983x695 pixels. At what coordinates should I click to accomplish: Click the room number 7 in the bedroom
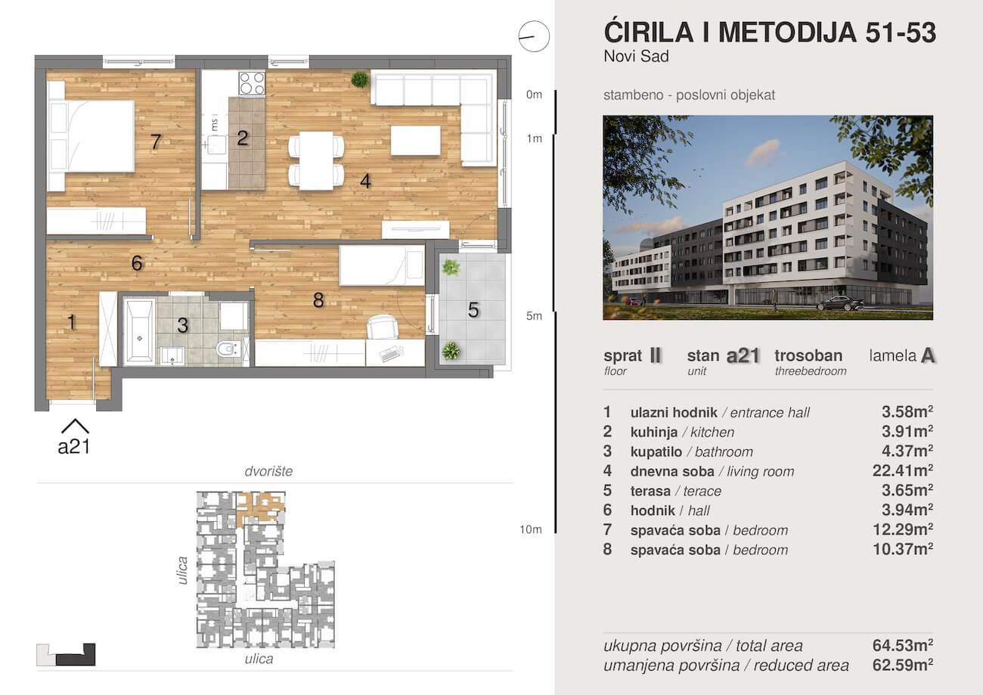click(x=156, y=141)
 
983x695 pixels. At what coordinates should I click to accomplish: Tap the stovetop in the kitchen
click(x=252, y=83)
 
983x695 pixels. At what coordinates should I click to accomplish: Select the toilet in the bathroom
click(x=228, y=349)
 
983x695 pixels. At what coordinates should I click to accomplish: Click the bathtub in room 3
click(x=140, y=331)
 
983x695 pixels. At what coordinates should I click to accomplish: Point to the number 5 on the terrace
click(x=473, y=310)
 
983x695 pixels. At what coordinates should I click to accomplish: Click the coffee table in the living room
click(x=416, y=141)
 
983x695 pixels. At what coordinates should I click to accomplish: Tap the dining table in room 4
click(x=316, y=160)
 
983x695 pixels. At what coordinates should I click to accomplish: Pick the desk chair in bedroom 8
click(x=383, y=327)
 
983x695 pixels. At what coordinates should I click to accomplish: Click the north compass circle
click(x=534, y=36)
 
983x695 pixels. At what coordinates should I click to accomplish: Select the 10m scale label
click(x=531, y=529)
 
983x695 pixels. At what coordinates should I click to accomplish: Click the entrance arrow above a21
click(x=75, y=426)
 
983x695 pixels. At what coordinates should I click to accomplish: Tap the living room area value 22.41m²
click(x=902, y=471)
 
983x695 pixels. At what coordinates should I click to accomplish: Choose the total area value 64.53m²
click(x=902, y=645)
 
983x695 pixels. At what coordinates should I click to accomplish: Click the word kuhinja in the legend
click(x=654, y=432)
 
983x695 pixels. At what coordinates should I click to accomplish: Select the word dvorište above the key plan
click(x=268, y=471)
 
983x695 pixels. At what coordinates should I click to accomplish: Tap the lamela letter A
click(x=928, y=356)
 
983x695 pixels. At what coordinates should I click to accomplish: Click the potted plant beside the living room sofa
click(x=360, y=79)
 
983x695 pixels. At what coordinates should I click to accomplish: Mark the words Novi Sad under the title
click(x=637, y=57)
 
